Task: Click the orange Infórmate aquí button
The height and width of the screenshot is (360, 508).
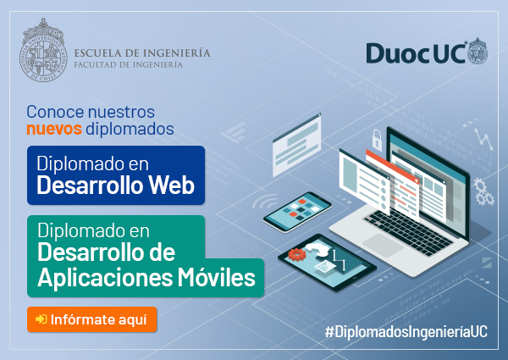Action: click(92, 319)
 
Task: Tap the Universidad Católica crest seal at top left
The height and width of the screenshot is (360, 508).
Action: click(43, 50)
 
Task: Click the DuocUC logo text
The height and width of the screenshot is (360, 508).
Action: click(416, 53)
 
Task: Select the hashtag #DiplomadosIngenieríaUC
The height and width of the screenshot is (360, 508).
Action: click(406, 331)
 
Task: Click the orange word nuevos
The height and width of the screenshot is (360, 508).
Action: click(54, 129)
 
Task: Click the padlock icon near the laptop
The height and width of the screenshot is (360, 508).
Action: click(377, 140)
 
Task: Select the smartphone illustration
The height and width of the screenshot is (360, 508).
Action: click(297, 212)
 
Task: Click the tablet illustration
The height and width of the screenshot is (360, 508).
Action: click(327, 263)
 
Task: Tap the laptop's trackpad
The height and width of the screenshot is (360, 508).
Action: click(383, 245)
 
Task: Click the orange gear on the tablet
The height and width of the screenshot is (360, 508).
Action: click(297, 254)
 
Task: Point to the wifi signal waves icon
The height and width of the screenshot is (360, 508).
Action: click(266, 202)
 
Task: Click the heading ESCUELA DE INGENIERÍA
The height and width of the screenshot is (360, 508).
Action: click(142, 53)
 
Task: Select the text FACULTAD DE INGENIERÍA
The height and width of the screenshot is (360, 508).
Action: click(129, 65)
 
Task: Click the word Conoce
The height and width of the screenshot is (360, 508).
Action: click(55, 112)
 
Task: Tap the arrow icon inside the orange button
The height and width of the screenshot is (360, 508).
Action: click(41, 319)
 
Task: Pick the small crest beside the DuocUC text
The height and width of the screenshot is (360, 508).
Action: click(478, 51)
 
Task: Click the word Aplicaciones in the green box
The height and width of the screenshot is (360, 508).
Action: click(105, 278)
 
